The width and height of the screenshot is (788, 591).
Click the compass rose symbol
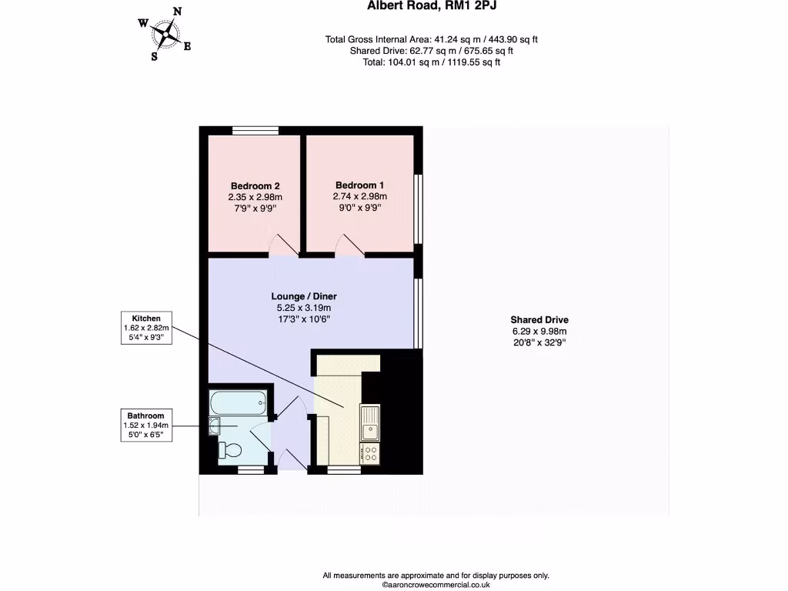pos(165,33)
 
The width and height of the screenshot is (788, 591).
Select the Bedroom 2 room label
pos(255,186)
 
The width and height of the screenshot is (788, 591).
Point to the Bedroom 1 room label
pos(359,185)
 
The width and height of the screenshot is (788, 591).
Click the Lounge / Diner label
pos(304,296)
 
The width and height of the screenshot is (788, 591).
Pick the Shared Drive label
pos(539,320)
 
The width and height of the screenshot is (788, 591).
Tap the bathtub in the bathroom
pos(238,401)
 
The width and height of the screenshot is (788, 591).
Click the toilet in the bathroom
pos(231,449)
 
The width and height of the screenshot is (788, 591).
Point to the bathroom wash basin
pos(215,426)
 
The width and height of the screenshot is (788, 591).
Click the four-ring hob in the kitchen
pos(370,453)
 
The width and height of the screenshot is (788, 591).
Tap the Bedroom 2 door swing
pos(286,245)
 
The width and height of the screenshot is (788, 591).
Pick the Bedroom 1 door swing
pos(348,245)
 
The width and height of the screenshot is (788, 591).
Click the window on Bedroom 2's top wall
pos(255,131)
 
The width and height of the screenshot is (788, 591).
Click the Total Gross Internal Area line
pos(436,39)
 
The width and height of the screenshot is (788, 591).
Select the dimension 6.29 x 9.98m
pos(539,332)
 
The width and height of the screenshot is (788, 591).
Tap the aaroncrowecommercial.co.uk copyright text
pos(436,585)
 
